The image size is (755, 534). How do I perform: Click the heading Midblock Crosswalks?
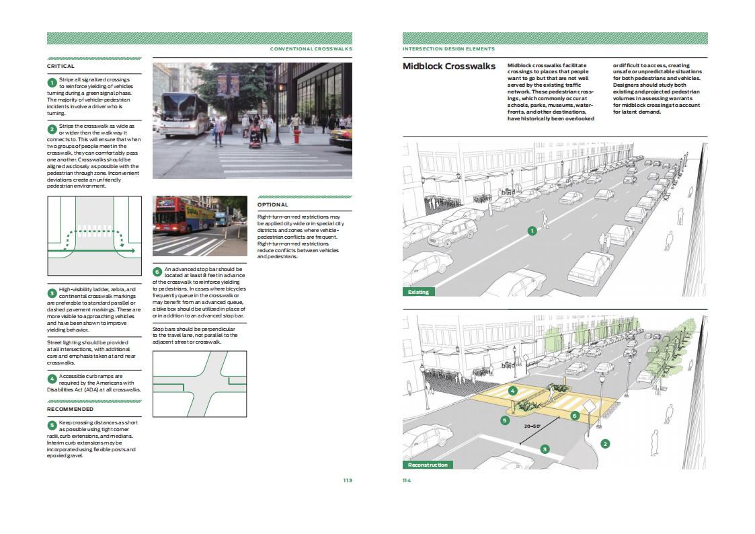pyautogui.click(x=448, y=67)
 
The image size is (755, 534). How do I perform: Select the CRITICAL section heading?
pyautogui.click(x=61, y=67)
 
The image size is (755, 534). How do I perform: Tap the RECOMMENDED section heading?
pyautogui.click(x=71, y=410)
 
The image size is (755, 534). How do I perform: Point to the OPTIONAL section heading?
pyautogui.click(x=272, y=204)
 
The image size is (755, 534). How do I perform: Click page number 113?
pyautogui.click(x=348, y=481)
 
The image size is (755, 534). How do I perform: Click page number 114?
pyautogui.click(x=407, y=481)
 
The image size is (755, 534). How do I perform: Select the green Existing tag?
pyautogui.click(x=418, y=292)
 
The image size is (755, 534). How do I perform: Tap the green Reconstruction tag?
pyautogui.click(x=428, y=465)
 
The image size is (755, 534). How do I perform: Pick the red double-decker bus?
pyautogui.click(x=184, y=215)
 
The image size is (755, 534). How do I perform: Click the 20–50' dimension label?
pyautogui.click(x=532, y=426)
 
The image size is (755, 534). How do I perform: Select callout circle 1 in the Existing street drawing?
pyautogui.click(x=532, y=231)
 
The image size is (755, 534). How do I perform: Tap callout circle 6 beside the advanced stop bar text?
pyautogui.click(x=157, y=272)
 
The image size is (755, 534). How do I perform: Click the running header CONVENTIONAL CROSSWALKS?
pyautogui.click(x=311, y=48)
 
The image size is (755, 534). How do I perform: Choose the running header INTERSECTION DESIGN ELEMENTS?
pyautogui.click(x=448, y=48)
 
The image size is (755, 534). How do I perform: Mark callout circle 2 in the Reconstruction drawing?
pyautogui.click(x=605, y=443)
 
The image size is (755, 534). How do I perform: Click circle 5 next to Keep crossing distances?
pyautogui.click(x=52, y=425)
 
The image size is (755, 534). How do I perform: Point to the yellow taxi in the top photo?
pyautogui.click(x=342, y=137)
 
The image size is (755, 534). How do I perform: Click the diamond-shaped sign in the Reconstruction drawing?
pyautogui.click(x=590, y=406)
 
